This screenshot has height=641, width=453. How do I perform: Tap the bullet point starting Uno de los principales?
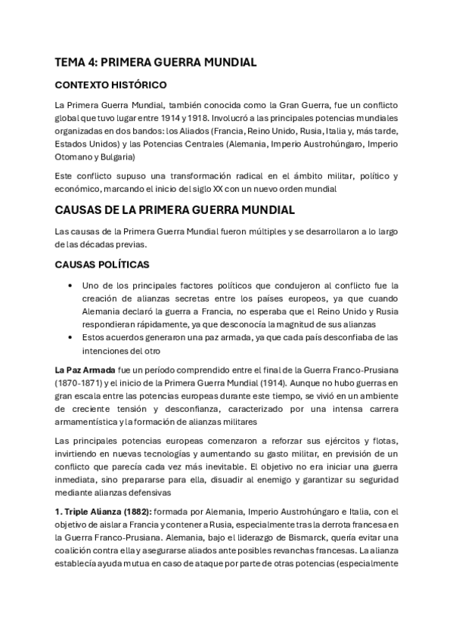70,285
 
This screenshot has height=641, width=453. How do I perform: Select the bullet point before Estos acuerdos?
70,337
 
